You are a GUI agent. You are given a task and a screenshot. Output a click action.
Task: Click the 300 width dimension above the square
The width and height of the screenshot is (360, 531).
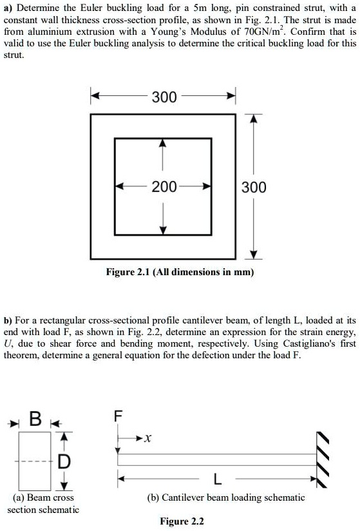(164, 97)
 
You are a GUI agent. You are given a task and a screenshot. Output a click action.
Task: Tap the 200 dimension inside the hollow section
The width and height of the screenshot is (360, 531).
(164, 188)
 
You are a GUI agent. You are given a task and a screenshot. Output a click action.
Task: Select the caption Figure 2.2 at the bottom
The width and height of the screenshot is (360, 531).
(182, 521)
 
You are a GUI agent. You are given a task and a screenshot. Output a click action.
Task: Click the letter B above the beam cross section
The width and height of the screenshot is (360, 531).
(37, 423)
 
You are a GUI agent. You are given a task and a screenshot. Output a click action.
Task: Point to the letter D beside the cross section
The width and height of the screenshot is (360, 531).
(63, 461)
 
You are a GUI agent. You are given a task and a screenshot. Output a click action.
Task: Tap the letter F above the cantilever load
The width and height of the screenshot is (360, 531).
(117, 416)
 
